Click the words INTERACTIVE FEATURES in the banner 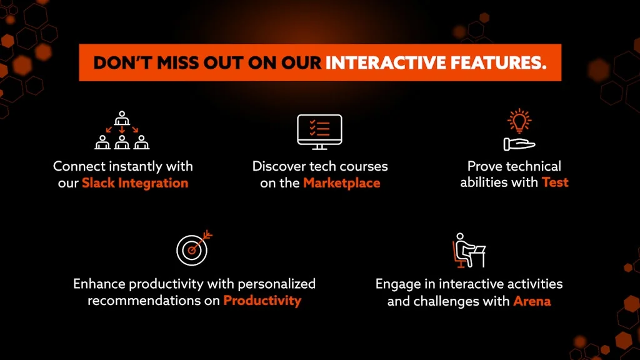[436, 63]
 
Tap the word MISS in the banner [177, 63]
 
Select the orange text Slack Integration [135, 183]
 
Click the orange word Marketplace [342, 183]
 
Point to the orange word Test [555, 182]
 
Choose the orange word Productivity [262, 301]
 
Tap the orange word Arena [532, 301]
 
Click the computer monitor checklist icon [319, 132]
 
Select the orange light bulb [519, 121]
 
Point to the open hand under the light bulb [519, 144]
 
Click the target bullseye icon [194, 248]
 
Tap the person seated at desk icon [469, 250]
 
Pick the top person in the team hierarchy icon [122, 118]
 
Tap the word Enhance [99, 284]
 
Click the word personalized [276, 284]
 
